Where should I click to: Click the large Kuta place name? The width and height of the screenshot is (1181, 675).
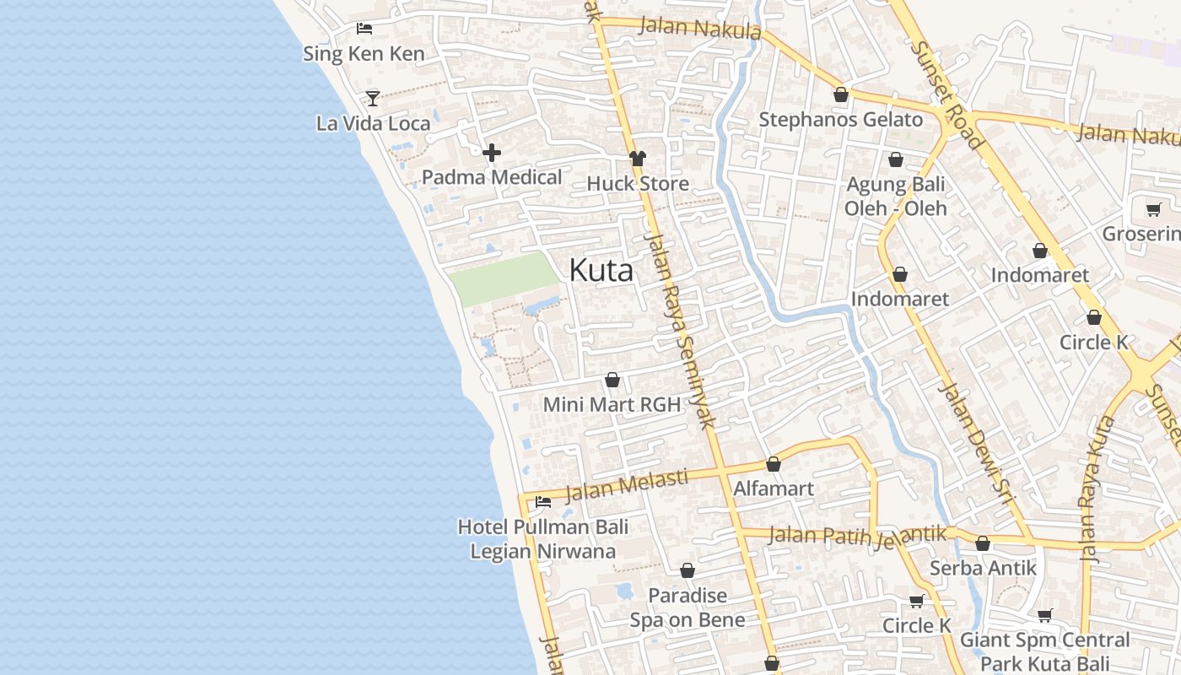click(x=601, y=270)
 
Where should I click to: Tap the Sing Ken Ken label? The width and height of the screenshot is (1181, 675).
click(x=364, y=54)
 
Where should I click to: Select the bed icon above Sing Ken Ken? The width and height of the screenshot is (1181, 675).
click(x=364, y=29)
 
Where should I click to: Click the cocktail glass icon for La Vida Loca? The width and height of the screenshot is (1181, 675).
click(x=373, y=98)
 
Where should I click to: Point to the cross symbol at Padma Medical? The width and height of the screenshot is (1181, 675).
click(x=492, y=153)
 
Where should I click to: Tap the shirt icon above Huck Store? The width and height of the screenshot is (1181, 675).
click(x=637, y=159)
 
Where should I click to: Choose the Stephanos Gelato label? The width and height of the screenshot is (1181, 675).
click(x=840, y=120)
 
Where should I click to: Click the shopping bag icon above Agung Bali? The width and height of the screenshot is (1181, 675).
click(x=896, y=159)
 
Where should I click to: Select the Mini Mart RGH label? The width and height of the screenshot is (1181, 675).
click(x=612, y=404)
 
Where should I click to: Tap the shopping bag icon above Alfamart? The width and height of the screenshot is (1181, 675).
click(x=774, y=464)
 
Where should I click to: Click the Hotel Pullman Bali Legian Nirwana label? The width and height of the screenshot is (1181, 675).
click(x=543, y=539)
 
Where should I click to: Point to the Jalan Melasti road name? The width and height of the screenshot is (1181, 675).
click(x=626, y=486)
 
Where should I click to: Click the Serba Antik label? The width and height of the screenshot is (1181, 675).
click(x=983, y=568)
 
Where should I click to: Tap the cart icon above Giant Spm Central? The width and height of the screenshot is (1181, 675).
click(x=1045, y=616)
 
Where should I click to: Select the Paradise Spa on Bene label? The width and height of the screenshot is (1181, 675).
click(x=688, y=607)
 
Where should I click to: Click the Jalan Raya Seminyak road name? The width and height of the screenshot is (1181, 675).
click(x=680, y=329)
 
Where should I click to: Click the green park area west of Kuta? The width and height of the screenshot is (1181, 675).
click(x=502, y=278)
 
